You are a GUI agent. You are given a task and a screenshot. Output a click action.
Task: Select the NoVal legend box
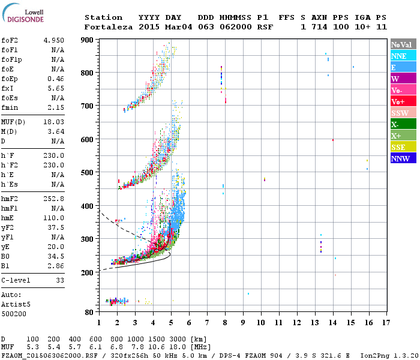[403, 44]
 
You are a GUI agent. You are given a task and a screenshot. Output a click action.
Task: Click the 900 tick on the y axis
[88, 40]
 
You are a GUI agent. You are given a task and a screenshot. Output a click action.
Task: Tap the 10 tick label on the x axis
[261, 322]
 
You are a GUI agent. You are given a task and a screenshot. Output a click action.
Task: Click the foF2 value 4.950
[53, 40]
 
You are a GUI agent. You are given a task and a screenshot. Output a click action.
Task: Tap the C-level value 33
[59, 280]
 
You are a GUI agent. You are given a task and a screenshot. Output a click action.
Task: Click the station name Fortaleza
[103, 27]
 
